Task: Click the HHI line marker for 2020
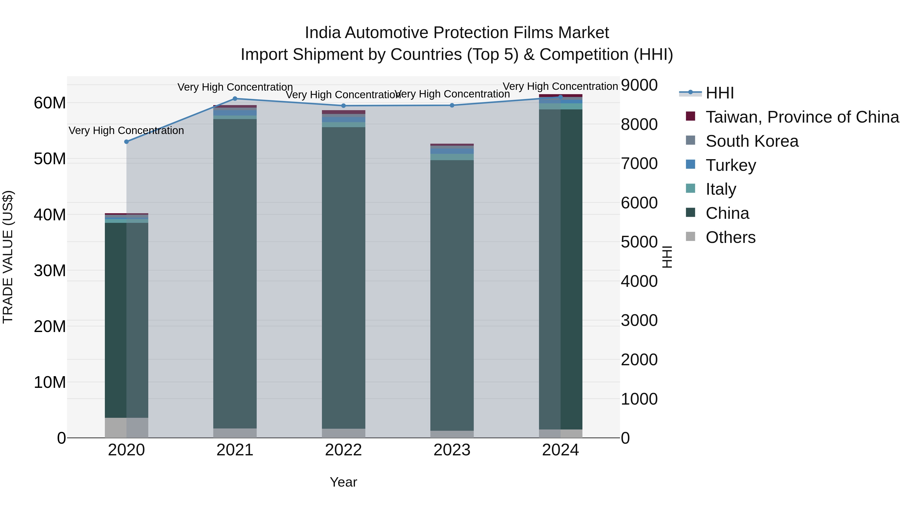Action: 126,142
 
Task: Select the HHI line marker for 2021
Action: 235,99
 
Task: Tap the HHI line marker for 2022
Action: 344,106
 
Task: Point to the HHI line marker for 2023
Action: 452,105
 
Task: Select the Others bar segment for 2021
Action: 235,433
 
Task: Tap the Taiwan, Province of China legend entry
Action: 802,117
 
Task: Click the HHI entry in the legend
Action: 720,93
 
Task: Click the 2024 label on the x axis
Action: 560,450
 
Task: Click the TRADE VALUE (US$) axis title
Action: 8,257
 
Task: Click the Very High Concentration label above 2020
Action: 126,130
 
